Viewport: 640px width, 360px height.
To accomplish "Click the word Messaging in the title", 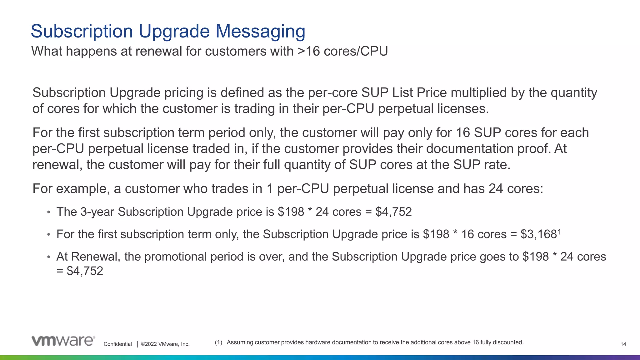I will pyautogui.click(x=260, y=31).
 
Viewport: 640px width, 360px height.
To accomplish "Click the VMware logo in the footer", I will pyautogui.click(x=63, y=341).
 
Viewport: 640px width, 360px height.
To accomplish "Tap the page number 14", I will pyautogui.click(x=623, y=344).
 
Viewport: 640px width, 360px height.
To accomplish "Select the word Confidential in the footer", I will pyautogui.click(x=117, y=344).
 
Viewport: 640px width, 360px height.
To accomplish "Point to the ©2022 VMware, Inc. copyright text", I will pyautogui.click(x=165, y=344).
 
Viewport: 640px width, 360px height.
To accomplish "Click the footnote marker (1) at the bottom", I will pyautogui.click(x=218, y=342).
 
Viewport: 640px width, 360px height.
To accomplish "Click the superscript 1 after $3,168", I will pyautogui.click(x=559, y=232).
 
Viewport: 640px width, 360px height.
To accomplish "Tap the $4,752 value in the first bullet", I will pyautogui.click(x=393, y=212).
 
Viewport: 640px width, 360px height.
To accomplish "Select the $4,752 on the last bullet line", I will pyautogui.click(x=85, y=271).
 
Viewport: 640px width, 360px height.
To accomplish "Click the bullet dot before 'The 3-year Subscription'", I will pyautogui.click(x=48, y=212).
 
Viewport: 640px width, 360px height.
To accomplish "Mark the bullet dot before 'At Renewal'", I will pyautogui.click(x=48, y=257).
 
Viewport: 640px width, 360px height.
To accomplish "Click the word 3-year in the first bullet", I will pyautogui.click(x=97, y=212).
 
